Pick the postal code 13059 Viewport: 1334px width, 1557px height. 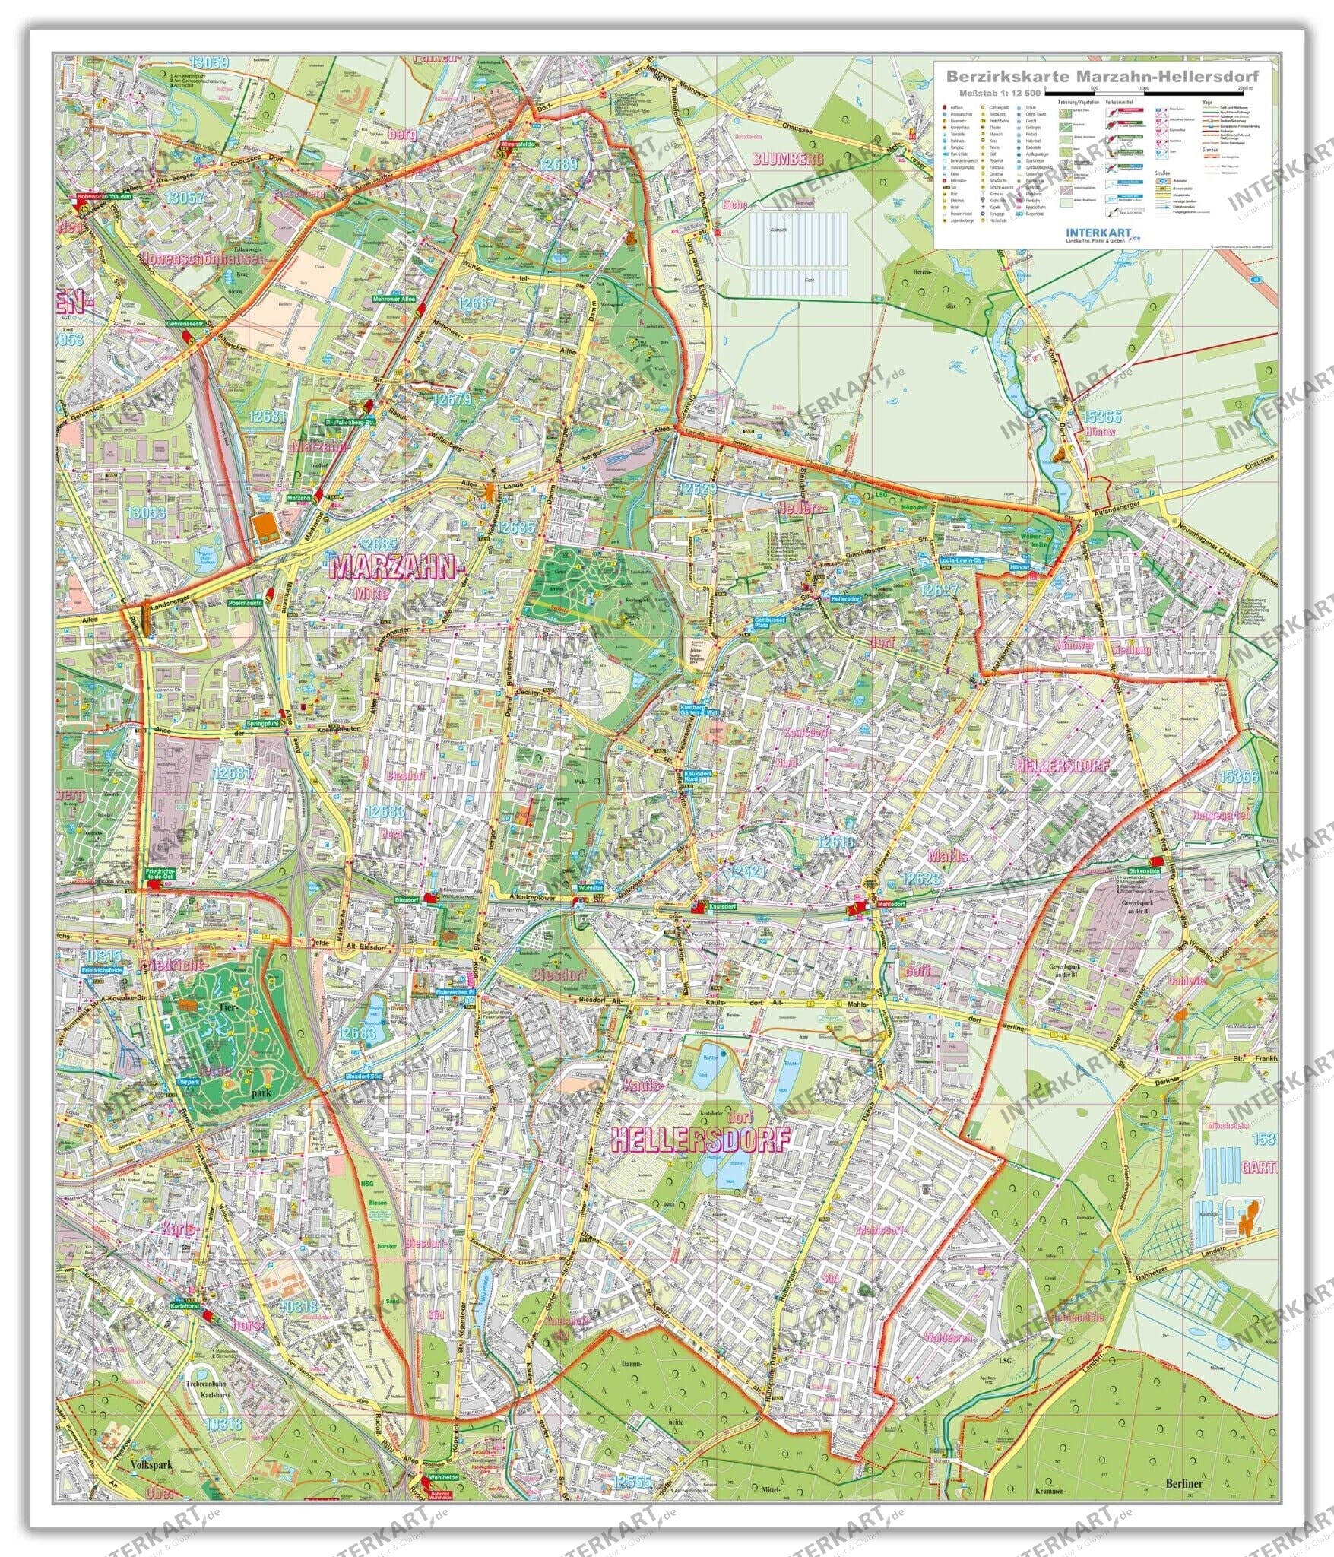pyautogui.click(x=209, y=62)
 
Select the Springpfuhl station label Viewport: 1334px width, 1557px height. pyautogui.click(x=261, y=725)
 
